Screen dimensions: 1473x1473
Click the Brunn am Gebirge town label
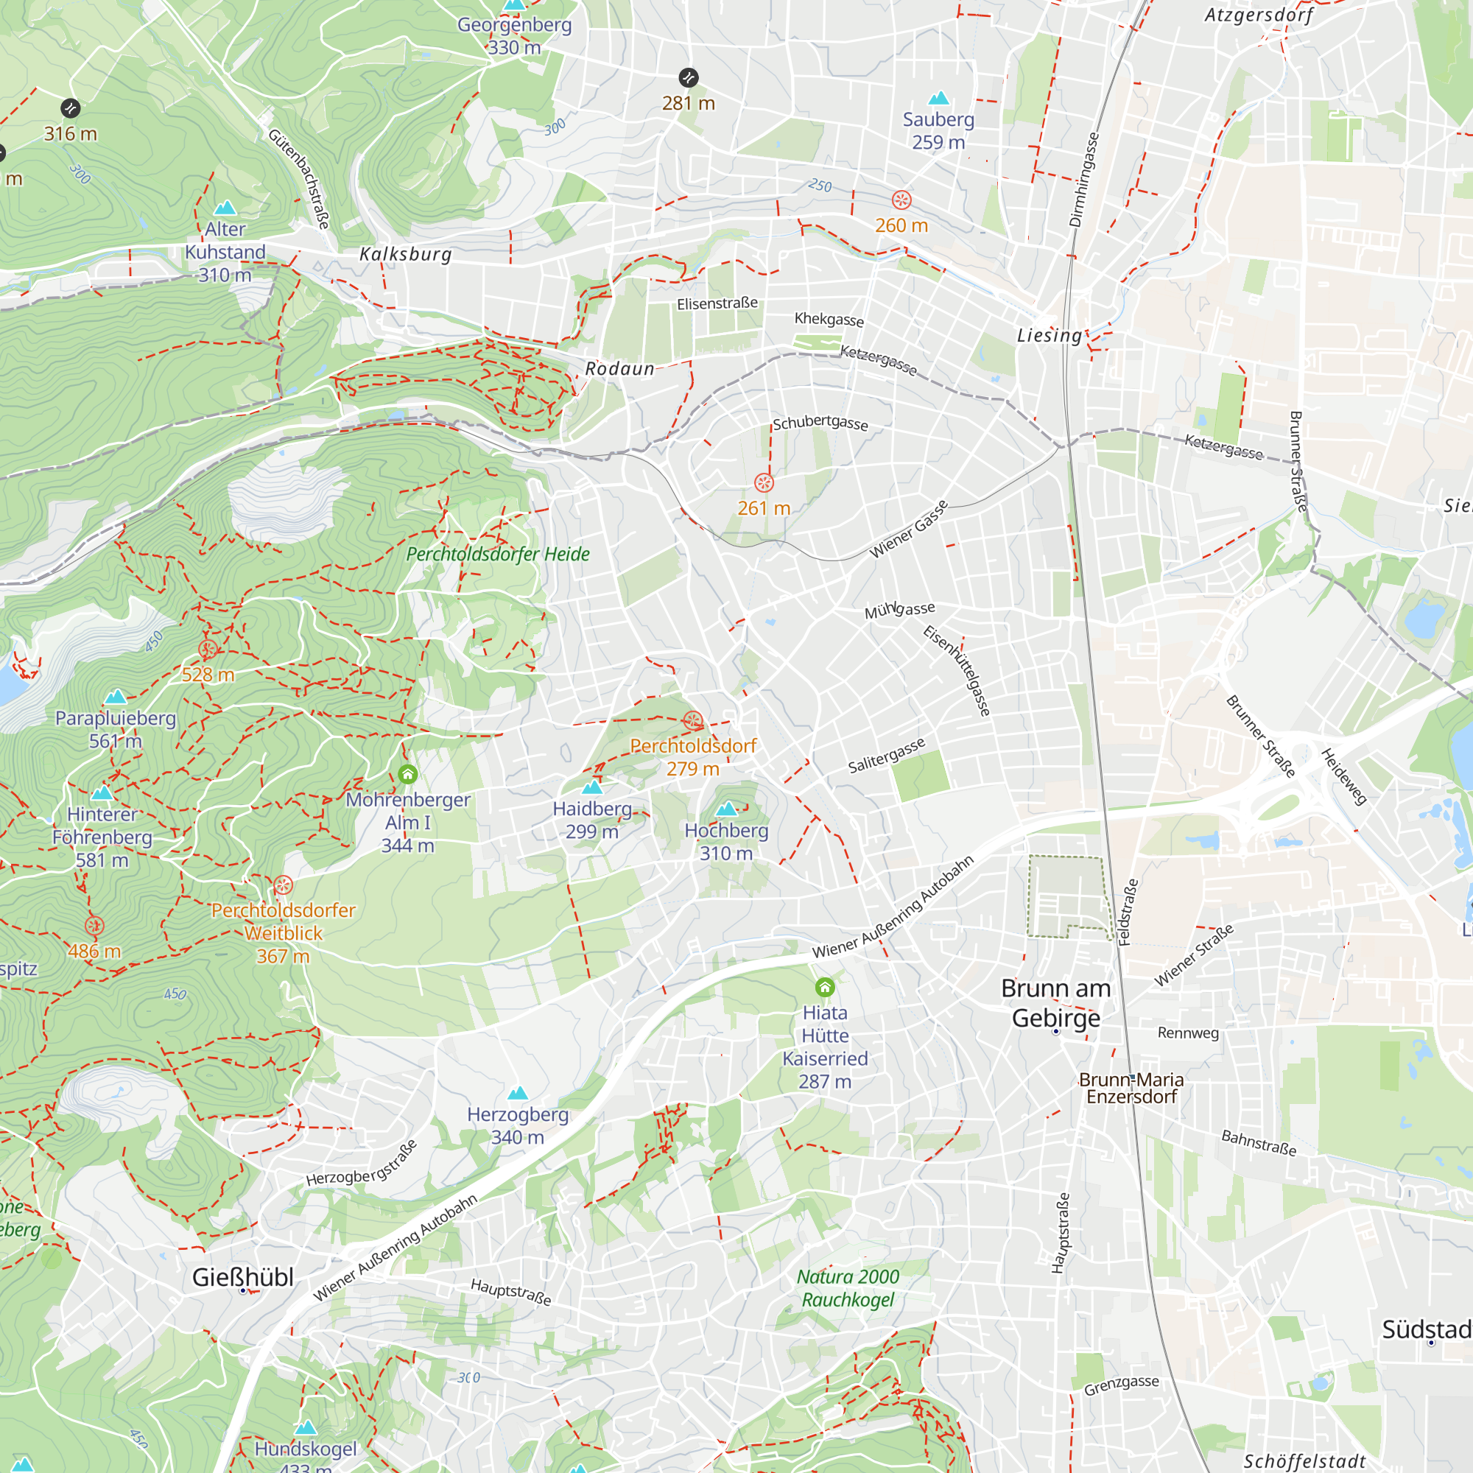(x=1055, y=1003)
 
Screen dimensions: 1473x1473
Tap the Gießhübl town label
(x=242, y=1277)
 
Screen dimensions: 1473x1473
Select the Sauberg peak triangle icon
(x=938, y=98)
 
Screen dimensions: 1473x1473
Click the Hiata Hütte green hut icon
(x=825, y=988)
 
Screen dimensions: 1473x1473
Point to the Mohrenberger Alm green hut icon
(x=408, y=775)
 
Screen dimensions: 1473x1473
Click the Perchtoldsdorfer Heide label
(x=498, y=555)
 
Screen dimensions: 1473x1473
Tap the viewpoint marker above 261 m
(x=764, y=482)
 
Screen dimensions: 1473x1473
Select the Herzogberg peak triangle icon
(x=518, y=1092)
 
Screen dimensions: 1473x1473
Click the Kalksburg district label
(x=406, y=254)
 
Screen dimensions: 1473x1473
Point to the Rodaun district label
(x=620, y=369)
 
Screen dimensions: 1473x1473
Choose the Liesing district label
(x=1049, y=335)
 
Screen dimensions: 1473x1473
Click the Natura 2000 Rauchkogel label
(x=848, y=1288)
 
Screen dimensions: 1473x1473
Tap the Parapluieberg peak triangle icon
(x=115, y=696)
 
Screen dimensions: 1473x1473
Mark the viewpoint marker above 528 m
(x=208, y=650)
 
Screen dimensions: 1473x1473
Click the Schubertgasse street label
(x=820, y=423)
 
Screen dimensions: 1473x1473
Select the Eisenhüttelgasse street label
(x=957, y=671)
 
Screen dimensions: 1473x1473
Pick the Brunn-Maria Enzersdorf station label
(x=1131, y=1088)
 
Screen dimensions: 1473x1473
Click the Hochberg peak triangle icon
(x=727, y=808)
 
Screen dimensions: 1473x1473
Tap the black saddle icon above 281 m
(x=689, y=78)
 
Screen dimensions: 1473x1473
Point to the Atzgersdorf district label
(x=1259, y=15)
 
